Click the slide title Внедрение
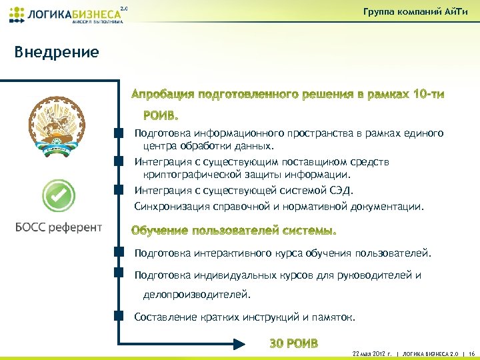(x=57, y=52)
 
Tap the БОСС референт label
(x=59, y=227)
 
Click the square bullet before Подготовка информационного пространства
(x=119, y=133)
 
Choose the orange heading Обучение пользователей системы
(x=234, y=231)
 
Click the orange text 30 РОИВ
(x=293, y=343)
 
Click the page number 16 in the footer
(x=471, y=353)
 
